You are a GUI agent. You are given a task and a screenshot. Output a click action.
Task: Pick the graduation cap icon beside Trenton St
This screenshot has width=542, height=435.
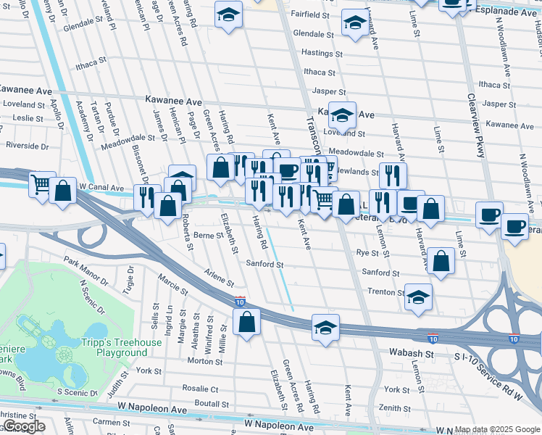(418, 297)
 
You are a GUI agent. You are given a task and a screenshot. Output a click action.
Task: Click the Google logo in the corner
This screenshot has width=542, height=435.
(23, 426)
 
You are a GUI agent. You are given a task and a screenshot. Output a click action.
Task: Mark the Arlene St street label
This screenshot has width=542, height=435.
(219, 277)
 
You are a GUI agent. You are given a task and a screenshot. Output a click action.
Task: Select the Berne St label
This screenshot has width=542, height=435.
(209, 236)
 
